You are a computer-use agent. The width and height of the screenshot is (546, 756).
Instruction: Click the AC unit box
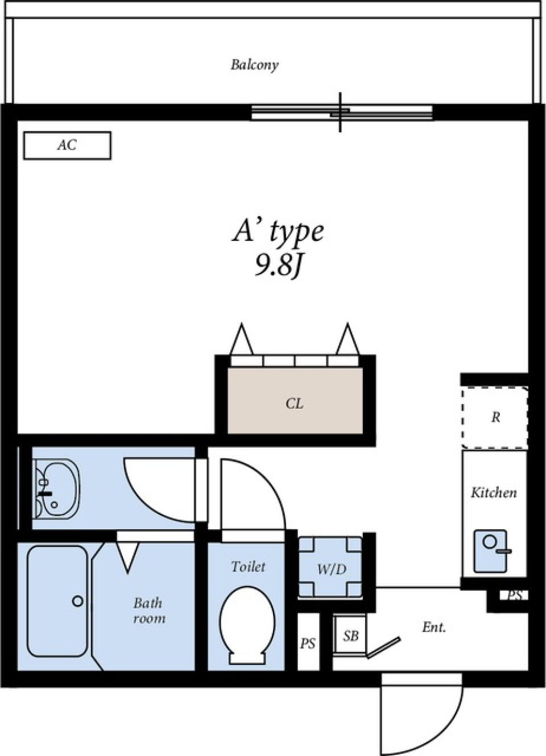pyautogui.click(x=67, y=145)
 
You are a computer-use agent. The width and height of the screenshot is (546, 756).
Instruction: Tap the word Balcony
pyautogui.click(x=254, y=65)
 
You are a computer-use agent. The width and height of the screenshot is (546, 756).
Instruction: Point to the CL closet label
pyautogui.click(x=295, y=404)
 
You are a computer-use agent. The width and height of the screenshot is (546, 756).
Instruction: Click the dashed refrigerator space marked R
pyautogui.click(x=495, y=418)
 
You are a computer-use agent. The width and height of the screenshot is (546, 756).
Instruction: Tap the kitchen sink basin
pyautogui.click(x=491, y=551)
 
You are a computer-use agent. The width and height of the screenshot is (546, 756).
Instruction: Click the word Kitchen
pyautogui.click(x=494, y=493)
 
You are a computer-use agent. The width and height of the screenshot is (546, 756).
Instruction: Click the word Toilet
pyautogui.click(x=248, y=567)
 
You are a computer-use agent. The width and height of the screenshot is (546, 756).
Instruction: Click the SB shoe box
pyautogui.click(x=350, y=636)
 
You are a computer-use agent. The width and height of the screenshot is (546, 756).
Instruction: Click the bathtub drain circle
pyautogui.click(x=78, y=601)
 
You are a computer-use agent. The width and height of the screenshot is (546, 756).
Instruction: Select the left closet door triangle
pyautogui.click(x=241, y=339)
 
